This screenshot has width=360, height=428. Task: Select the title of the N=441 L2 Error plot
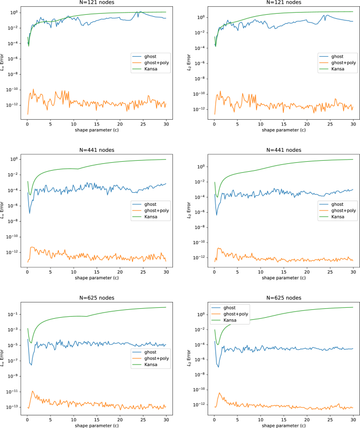click(283, 150)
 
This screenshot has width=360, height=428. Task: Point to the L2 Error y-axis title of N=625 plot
click(190, 357)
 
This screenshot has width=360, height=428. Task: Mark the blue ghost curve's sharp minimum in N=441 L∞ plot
click(29, 213)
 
